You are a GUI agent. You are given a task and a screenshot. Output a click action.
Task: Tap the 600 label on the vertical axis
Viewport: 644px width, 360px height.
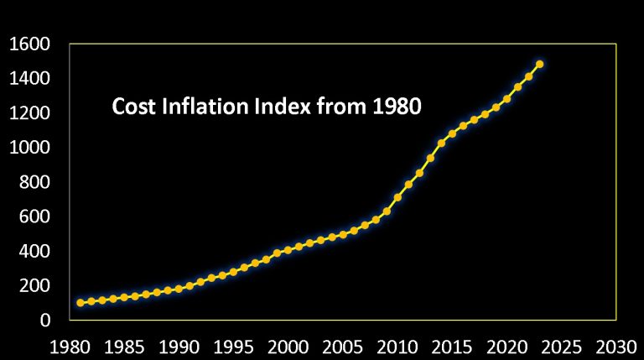click(x=35, y=217)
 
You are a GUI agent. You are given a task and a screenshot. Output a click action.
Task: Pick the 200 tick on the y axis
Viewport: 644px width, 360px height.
click(x=35, y=286)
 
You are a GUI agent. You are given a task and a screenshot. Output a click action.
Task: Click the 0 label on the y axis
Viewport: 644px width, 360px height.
click(x=46, y=321)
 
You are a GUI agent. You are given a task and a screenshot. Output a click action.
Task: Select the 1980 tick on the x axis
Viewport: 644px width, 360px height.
click(x=70, y=346)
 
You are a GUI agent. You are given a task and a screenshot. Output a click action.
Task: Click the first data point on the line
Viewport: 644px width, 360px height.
click(x=80, y=303)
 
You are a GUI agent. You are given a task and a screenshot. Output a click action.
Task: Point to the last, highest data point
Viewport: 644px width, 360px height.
click(x=540, y=64)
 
